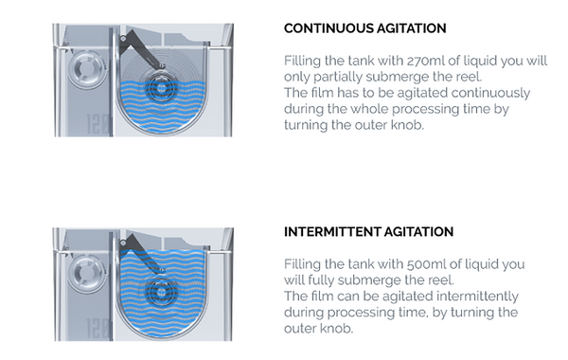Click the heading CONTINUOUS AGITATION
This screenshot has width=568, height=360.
364,28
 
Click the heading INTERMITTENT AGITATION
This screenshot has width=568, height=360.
368,232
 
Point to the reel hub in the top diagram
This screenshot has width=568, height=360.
162,87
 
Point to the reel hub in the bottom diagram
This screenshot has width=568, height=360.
162,292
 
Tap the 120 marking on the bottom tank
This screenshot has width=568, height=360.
98,329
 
